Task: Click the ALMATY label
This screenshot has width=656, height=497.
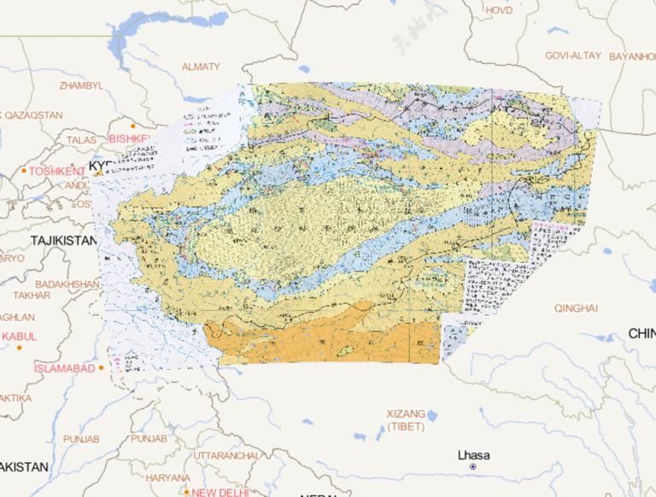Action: [x=201, y=67]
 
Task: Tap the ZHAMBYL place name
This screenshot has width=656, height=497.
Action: [x=81, y=86]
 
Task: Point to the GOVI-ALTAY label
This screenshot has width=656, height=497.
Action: [x=572, y=56]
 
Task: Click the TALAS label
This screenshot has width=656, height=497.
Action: [x=82, y=139]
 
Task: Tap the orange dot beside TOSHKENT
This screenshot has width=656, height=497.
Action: [x=24, y=172]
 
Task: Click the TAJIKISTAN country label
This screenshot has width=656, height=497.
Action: [x=63, y=242]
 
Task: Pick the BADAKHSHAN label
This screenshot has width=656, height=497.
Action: [x=68, y=284]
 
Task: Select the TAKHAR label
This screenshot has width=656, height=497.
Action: [x=32, y=295]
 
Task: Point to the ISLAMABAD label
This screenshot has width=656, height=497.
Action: [x=64, y=368]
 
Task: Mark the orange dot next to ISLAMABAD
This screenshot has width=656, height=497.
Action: [x=102, y=368]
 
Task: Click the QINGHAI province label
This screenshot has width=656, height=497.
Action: [x=576, y=307]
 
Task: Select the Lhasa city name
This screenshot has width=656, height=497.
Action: [x=473, y=454]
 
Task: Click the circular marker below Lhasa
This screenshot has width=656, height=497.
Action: [x=472, y=467]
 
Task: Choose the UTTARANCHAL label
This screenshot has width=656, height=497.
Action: [x=225, y=456]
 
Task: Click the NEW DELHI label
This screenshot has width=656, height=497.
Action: [x=220, y=493]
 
